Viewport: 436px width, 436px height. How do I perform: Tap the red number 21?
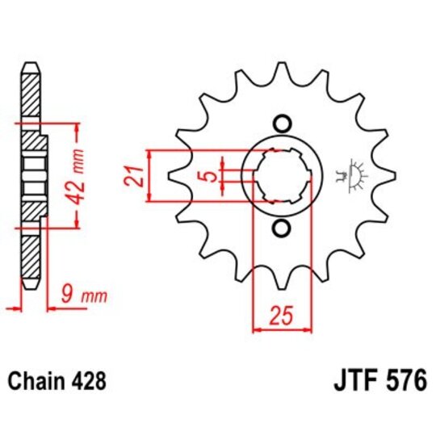coord(138,174)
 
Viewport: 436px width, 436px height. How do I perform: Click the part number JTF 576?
coord(378,379)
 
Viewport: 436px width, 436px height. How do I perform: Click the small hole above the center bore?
coord(282,124)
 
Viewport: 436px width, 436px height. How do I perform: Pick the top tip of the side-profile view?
coord(31,64)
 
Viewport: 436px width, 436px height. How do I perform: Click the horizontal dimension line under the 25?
coord(282,329)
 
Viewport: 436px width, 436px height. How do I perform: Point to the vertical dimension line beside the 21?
coord(151,175)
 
